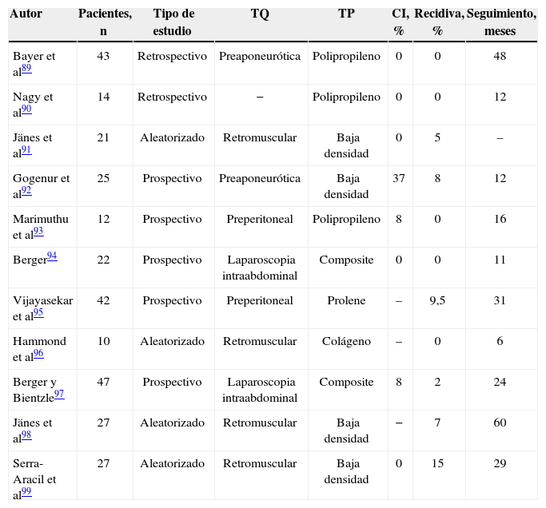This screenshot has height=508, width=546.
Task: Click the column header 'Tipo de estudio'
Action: [x=172, y=22]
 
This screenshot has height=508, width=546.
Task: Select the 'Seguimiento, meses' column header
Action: [x=500, y=22]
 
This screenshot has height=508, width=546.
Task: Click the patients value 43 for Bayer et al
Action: [x=103, y=57]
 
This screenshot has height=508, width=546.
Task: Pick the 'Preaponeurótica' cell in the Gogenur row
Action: [x=260, y=178]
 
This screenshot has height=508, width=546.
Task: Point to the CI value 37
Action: [x=399, y=178]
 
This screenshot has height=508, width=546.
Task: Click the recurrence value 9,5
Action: [x=437, y=300]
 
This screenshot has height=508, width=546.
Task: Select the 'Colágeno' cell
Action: [x=346, y=341]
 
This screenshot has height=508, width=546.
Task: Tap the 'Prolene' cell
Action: [x=346, y=300]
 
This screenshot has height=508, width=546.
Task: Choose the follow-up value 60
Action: [x=500, y=423]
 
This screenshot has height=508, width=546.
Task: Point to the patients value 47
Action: [x=103, y=382]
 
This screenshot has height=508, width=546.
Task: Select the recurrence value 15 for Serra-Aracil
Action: [x=437, y=463]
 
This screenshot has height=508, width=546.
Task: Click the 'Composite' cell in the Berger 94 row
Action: [x=346, y=260]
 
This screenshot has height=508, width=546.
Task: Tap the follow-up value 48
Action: [x=500, y=57]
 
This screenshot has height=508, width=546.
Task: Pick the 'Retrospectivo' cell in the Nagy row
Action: [x=172, y=97]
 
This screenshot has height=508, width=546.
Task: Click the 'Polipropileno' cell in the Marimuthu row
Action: [x=346, y=219]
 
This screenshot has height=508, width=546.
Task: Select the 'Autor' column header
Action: [x=26, y=14]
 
